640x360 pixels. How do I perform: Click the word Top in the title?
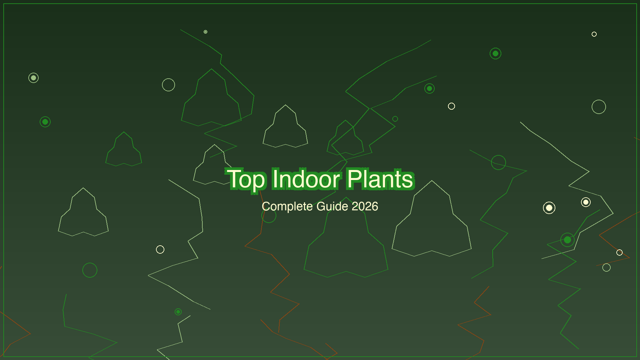[246, 180]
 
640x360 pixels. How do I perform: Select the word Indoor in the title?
[306, 179]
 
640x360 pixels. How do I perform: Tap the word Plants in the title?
[380, 179]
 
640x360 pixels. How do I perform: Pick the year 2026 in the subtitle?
[365, 206]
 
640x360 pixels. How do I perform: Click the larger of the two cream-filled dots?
[549, 208]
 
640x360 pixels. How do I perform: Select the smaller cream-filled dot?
[586, 202]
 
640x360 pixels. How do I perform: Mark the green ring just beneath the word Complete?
[269, 216]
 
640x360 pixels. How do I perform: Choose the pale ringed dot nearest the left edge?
[33, 78]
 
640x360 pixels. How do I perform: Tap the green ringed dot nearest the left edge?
[45, 122]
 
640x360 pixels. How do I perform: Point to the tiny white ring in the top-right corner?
[594, 34]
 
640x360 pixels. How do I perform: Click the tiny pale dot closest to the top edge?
[205, 32]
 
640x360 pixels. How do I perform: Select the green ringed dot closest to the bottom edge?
[178, 312]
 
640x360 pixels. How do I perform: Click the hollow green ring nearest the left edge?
[90, 270]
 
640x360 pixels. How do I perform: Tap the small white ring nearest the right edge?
[619, 253]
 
